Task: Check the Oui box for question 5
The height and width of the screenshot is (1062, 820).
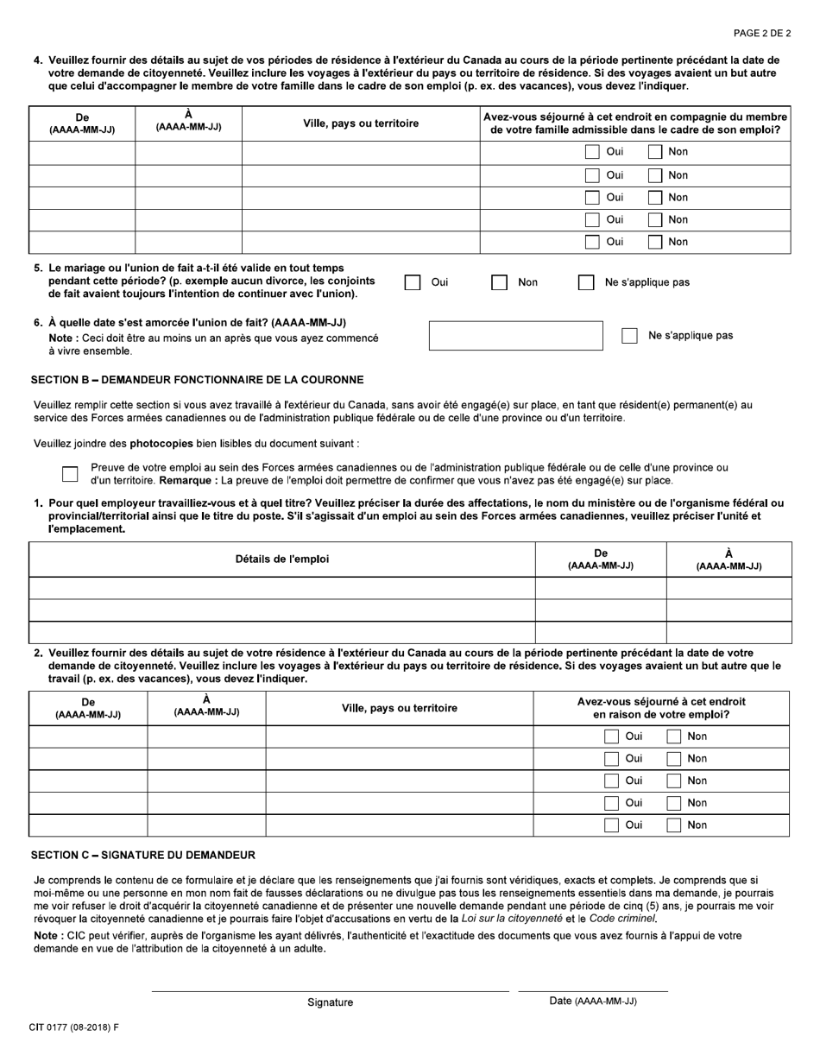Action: pos(413,282)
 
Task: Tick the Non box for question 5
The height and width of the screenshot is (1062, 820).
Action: pos(499,282)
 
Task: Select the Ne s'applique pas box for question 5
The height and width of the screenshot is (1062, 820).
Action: pos(586,282)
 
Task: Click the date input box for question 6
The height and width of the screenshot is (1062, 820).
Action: pos(515,336)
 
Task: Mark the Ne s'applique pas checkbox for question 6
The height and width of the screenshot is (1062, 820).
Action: pos(629,336)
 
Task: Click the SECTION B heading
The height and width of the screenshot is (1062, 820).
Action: pos(197,380)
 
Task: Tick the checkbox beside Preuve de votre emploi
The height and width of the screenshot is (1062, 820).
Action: pos(70,473)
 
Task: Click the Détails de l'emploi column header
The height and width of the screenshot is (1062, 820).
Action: pos(282,559)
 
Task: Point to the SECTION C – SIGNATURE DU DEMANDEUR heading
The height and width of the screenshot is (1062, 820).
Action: pos(143,856)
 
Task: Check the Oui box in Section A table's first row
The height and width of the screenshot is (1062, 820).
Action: pos(592,152)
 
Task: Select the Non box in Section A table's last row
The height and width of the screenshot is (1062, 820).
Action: pos(655,242)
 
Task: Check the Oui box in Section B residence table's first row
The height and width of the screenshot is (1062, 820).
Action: pos(611,736)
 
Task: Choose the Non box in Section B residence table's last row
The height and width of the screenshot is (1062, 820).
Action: pos(674,825)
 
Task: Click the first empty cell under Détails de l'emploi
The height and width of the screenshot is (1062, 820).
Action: pos(282,588)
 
